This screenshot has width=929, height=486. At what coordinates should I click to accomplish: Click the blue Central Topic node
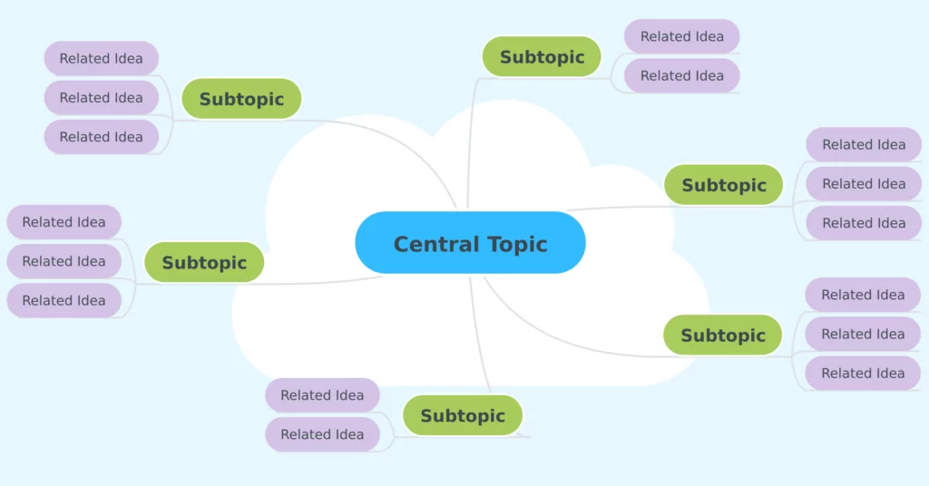471,243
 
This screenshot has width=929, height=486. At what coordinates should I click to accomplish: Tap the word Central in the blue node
436,244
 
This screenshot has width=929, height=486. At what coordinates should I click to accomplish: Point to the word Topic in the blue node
517,245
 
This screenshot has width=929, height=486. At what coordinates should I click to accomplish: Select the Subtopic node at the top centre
542,57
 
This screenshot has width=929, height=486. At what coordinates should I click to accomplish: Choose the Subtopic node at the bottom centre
463,415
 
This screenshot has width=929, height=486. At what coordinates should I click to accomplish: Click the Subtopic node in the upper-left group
241,99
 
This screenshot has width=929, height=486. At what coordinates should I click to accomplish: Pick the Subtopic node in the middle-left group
204,262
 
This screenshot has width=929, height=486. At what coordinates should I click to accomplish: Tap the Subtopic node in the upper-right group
723,185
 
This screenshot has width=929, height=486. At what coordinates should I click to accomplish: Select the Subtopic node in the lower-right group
723,335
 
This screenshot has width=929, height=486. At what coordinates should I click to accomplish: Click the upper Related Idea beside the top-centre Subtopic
682,36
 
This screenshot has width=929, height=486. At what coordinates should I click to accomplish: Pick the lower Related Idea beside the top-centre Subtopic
682,76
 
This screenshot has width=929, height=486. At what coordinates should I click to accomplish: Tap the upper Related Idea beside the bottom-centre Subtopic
322,394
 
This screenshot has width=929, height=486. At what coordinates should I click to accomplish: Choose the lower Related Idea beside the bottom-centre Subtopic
322,434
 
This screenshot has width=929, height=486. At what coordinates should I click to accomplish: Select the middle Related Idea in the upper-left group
102,98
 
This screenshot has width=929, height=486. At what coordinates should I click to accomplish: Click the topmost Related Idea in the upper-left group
102,58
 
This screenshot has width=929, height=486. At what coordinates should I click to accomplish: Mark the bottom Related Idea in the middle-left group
64,300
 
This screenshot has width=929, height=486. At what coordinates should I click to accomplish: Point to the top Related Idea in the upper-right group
864,144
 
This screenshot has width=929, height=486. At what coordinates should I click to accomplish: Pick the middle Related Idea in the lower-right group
863,334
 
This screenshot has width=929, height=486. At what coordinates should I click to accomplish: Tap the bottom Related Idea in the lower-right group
863,373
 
